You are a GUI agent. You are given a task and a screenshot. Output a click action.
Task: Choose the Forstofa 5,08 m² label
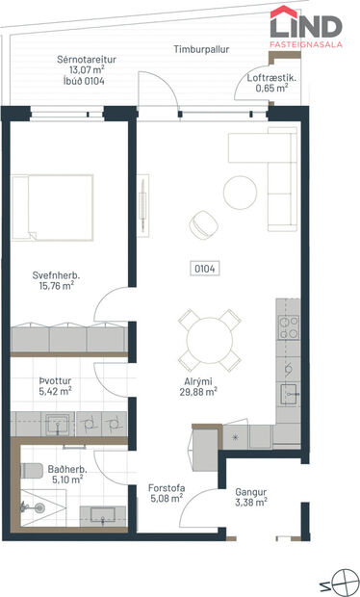coord(167,494)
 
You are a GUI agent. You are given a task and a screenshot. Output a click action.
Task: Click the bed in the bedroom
coord(53,206)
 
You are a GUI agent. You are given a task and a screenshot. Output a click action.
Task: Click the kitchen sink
coord(289,393)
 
